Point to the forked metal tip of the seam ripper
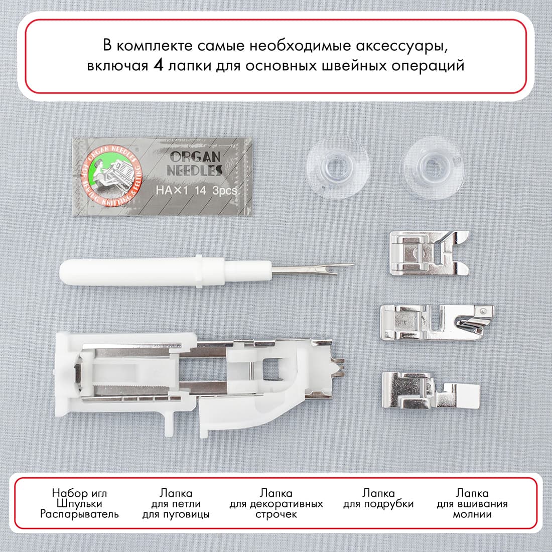pyautogui.click(x=331, y=266)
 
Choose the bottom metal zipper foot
pyautogui.click(x=429, y=389)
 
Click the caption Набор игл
pyautogui.click(x=79, y=493)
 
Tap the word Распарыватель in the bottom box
pyautogui.click(x=79, y=514)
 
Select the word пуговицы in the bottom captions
pyautogui.click(x=176, y=514)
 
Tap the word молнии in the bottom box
pyautogui.click(x=472, y=514)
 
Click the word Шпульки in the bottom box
pyautogui.click(x=79, y=504)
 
